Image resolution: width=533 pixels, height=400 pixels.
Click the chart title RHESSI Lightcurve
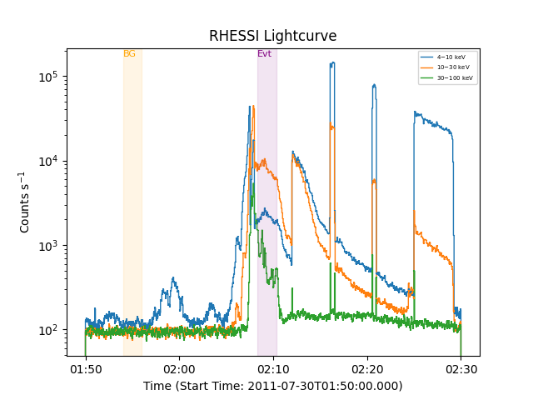point(272,36)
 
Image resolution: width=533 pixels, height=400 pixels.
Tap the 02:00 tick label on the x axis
point(179,369)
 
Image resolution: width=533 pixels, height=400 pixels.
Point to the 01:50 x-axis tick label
point(85,369)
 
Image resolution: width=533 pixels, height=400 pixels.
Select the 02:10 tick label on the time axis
point(272,369)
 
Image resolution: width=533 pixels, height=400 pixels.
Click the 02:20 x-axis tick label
point(366,369)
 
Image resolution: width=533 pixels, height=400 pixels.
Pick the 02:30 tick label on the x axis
point(461,369)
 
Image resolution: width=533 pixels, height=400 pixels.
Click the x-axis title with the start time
point(272,386)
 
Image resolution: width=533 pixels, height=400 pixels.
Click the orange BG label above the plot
point(129,54)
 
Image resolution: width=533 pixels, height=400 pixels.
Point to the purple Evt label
point(264,54)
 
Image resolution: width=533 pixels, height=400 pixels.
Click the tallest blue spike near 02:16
point(332,63)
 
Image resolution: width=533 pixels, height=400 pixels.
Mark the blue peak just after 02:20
point(374,85)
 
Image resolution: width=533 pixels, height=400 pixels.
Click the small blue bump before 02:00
point(172,279)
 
